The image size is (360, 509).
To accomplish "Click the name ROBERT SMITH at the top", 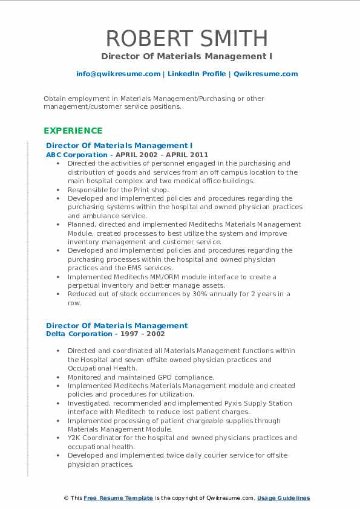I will tap(186, 38).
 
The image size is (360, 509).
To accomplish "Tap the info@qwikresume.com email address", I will tap(118, 74).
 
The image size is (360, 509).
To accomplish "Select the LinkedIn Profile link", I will tap(196, 74).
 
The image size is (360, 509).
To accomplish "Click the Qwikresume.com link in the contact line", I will tap(266, 74).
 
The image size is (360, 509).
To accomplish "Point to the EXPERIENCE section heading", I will tap(73, 131).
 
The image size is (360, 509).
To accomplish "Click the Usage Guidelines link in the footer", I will tap(283, 498).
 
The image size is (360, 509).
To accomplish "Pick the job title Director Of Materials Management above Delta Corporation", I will tap(117, 325).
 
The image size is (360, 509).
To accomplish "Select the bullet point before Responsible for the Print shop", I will tap(57, 189).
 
